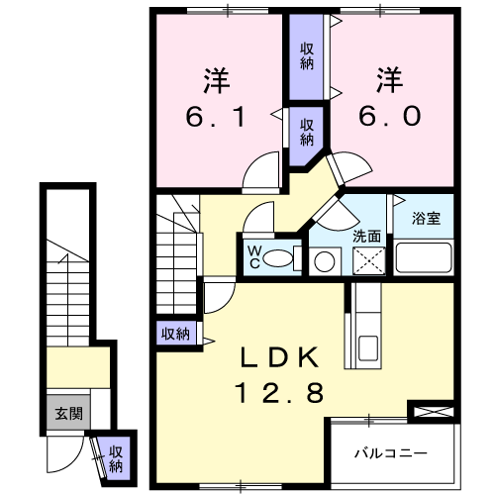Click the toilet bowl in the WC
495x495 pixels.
(278, 258)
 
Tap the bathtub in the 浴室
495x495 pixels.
(424, 257)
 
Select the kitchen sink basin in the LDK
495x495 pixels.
(368, 348)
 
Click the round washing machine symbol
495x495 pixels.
(325, 261)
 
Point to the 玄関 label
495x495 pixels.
(68, 413)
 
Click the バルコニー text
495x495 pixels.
(391, 453)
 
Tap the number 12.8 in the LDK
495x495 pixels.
(279, 393)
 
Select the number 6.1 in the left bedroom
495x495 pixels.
(216, 117)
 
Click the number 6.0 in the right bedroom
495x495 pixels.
(390, 116)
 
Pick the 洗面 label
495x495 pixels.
(366, 237)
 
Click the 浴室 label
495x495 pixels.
(426, 218)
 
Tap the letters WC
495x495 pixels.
(254, 257)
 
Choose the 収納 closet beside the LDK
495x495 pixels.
(175, 334)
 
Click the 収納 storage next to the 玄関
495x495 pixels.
(116, 458)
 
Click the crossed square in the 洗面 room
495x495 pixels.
(369, 260)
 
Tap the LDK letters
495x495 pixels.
(279, 357)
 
